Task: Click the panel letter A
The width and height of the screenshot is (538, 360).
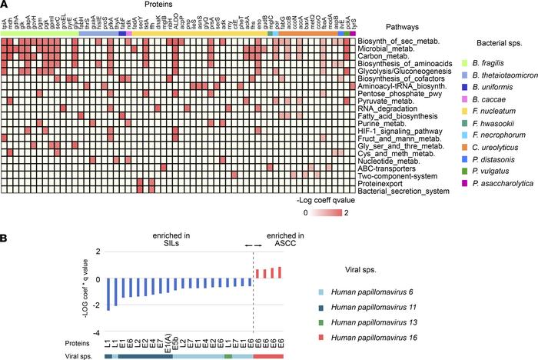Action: pyautogui.click(x=5, y=7)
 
